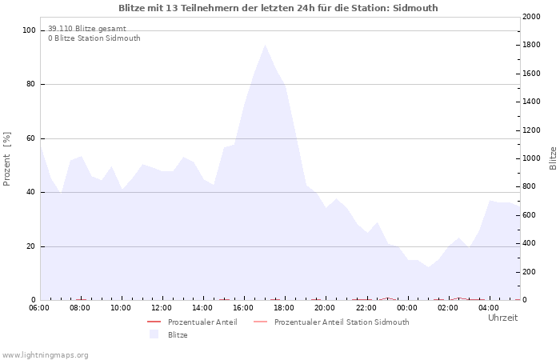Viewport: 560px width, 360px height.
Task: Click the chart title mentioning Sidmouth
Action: [x=278, y=8]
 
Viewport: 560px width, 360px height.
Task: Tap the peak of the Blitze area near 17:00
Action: [x=265, y=45]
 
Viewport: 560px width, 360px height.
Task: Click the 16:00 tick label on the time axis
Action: [x=243, y=308]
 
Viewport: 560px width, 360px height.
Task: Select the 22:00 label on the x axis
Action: [x=366, y=308]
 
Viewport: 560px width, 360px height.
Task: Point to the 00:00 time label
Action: [x=406, y=308]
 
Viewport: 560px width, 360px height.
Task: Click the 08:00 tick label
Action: [x=80, y=308]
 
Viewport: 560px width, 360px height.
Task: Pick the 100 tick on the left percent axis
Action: [x=29, y=30]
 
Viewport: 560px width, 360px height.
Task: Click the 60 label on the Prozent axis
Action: [x=30, y=138]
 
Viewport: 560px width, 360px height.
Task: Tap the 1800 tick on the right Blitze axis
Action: [x=531, y=45]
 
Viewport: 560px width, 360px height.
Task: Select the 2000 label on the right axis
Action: [x=531, y=17]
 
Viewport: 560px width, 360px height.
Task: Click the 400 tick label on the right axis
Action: [x=529, y=243]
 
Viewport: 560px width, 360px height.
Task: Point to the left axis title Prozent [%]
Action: [x=6, y=159]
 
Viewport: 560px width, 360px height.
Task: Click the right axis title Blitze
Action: [x=553, y=158]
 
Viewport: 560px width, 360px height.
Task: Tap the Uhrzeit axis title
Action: [x=502, y=318]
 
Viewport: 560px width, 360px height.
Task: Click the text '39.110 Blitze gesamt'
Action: [x=87, y=29]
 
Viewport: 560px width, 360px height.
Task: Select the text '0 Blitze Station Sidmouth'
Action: [x=94, y=38]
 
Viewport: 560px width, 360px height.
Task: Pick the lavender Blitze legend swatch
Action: [x=154, y=334]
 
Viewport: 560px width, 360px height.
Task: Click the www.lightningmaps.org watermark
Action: [x=45, y=355]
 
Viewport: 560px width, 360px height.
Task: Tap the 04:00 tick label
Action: [x=489, y=308]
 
